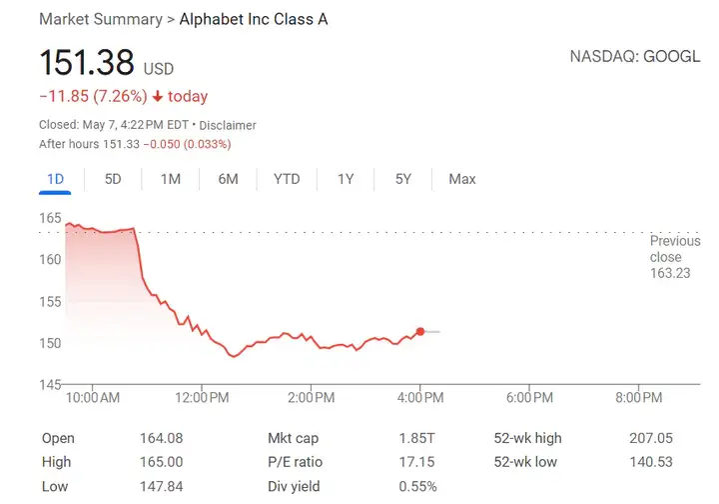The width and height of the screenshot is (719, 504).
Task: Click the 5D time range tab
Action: (x=113, y=179)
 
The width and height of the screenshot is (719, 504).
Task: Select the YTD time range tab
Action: (x=287, y=179)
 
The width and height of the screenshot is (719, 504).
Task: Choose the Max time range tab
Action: (x=462, y=179)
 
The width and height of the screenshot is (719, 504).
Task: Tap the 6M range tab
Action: (x=228, y=179)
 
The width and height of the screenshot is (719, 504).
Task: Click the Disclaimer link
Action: (x=228, y=125)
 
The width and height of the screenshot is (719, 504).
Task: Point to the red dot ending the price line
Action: (x=420, y=331)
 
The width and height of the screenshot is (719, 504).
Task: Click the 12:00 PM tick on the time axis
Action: (x=202, y=398)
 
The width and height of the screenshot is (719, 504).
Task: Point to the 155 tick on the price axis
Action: (x=51, y=301)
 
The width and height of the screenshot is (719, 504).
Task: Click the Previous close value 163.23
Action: (x=669, y=273)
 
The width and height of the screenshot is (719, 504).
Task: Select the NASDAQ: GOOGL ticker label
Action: (x=635, y=56)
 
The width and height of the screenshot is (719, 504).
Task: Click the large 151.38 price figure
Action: (x=86, y=63)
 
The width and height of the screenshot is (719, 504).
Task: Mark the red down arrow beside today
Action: (x=158, y=97)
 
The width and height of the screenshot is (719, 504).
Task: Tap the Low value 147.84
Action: (x=163, y=486)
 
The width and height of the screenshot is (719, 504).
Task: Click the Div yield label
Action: (x=295, y=486)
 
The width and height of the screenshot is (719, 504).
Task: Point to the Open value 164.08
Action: (x=163, y=438)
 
